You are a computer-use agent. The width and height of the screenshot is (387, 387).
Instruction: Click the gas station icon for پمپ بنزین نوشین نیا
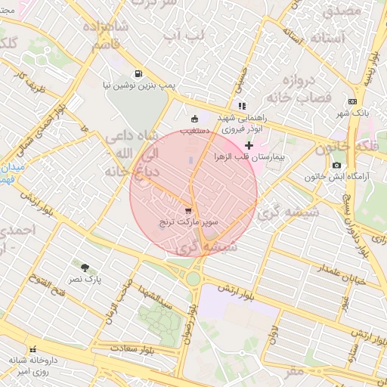tap(138, 74)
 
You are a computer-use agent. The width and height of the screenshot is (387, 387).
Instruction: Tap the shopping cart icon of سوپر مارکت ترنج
tap(187, 212)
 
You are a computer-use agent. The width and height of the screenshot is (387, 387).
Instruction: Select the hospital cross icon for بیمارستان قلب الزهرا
tap(249, 144)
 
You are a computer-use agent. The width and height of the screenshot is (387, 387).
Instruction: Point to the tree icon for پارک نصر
tap(85, 268)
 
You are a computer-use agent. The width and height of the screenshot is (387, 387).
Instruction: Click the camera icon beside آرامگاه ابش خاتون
tap(336, 165)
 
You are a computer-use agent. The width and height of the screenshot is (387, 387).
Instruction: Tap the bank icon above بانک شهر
tap(353, 101)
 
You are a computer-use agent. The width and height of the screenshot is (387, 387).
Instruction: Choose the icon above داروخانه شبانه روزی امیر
tap(33, 350)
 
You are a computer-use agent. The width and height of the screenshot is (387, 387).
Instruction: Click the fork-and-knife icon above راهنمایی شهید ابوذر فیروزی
tap(242, 106)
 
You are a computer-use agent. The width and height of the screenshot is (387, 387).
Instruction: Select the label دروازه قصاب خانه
tap(307, 88)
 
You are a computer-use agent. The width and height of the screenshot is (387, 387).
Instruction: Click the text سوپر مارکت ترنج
tap(193, 224)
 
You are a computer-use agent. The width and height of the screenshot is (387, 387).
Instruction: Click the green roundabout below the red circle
tap(194, 277)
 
